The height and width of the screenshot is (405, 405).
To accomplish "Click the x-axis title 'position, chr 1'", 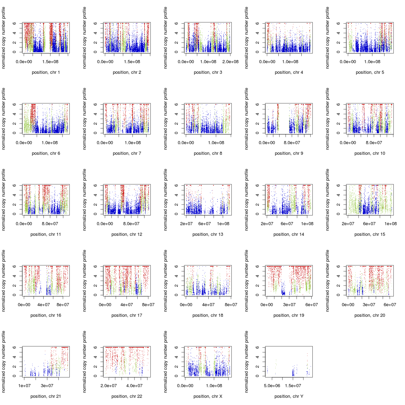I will coord(46,72).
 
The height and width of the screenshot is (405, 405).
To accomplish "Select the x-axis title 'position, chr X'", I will coord(208,396).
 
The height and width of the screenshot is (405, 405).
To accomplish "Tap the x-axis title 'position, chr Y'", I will coord(289,396).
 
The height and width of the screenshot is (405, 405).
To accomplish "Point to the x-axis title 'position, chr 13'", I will coord(208,234).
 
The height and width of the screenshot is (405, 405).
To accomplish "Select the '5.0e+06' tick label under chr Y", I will coord(272,386).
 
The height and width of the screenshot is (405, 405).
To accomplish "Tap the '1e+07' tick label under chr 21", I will coord(24,386).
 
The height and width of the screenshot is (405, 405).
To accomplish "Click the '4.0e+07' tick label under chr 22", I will coord(134,386).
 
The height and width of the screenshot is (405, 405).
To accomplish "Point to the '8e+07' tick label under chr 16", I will coord(63,305).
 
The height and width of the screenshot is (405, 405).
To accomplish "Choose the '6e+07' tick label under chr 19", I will coord(312,305).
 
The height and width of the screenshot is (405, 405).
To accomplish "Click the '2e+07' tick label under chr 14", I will coord(267,224).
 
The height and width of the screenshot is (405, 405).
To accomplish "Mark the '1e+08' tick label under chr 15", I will coord(391,224).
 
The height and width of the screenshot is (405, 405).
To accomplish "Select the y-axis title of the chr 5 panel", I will coord(327,37).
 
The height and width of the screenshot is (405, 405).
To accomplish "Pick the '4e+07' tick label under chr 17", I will coord(127,305).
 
